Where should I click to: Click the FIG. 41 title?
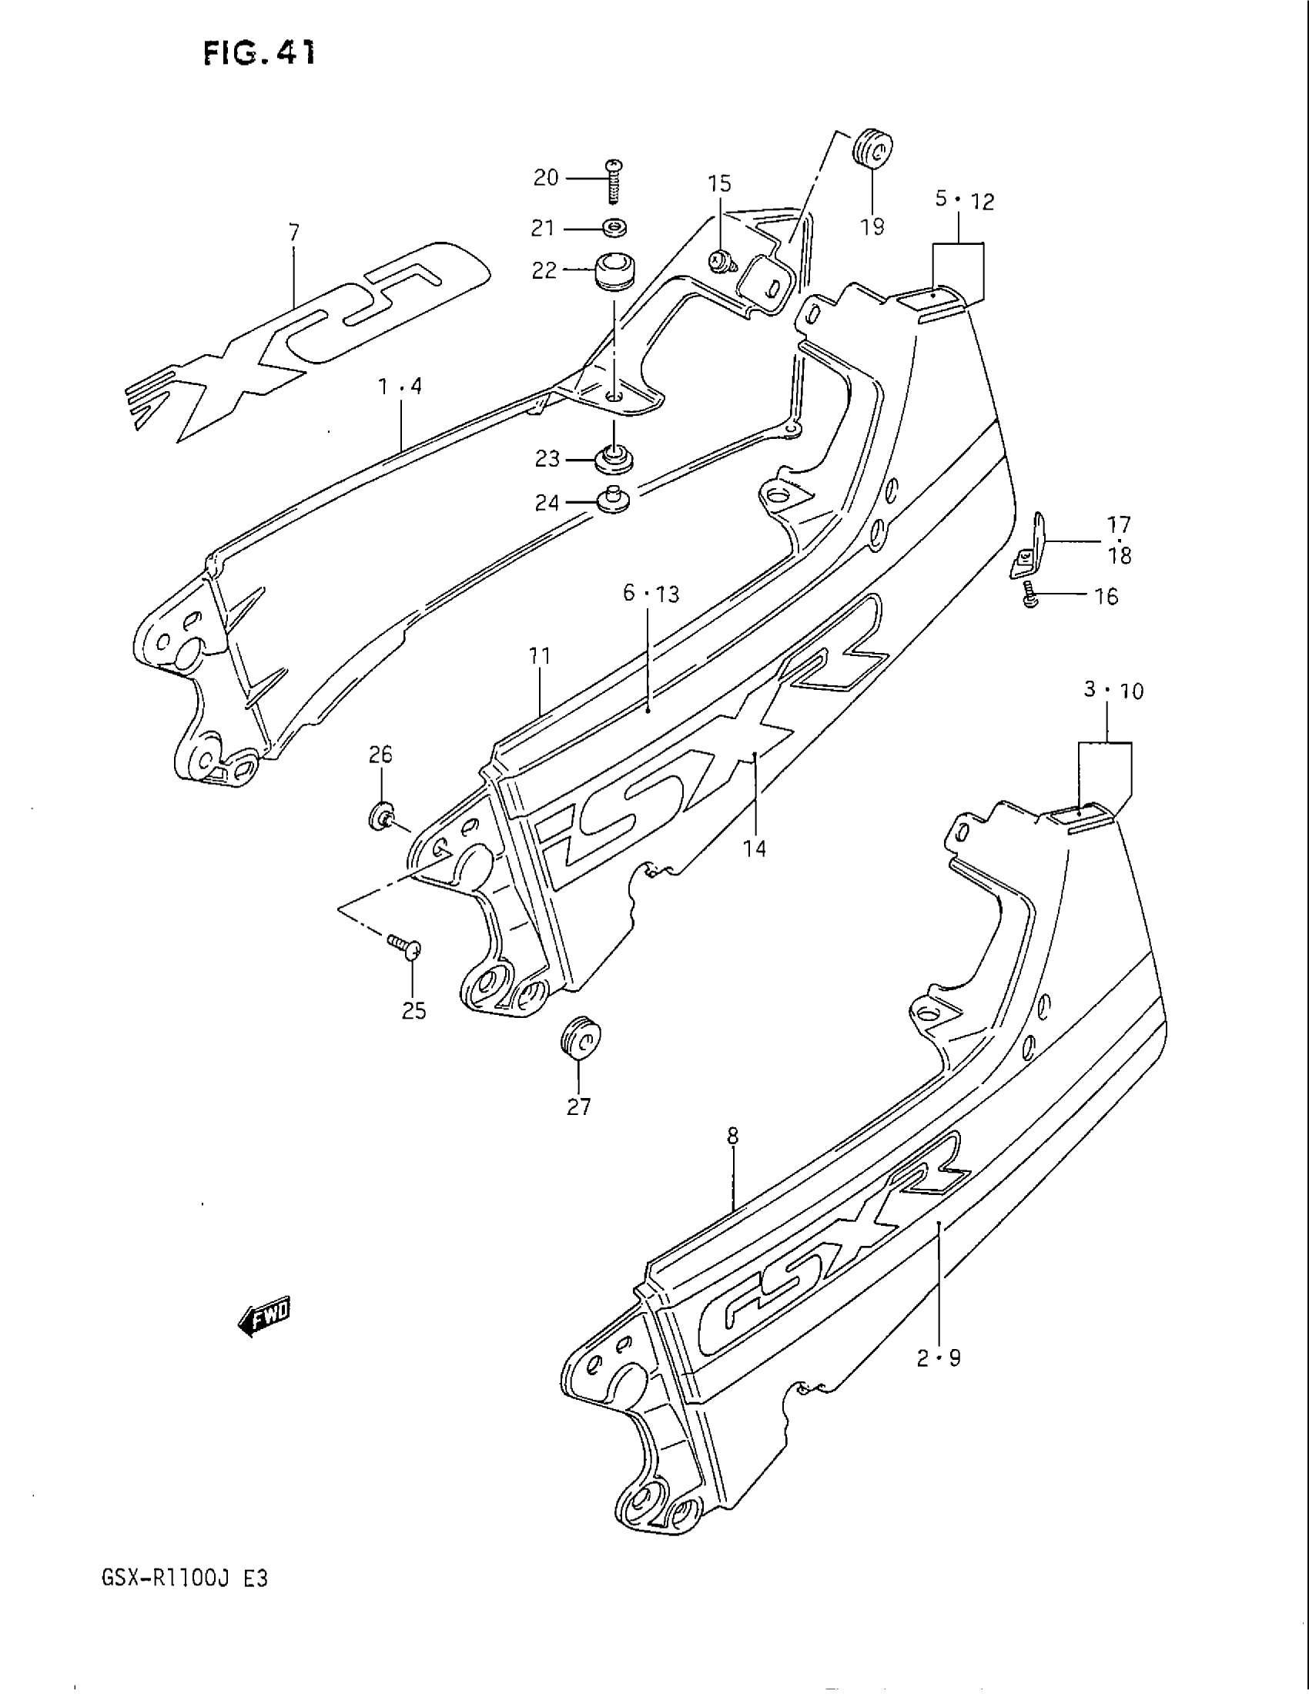tap(259, 54)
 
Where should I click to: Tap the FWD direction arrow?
tap(264, 1315)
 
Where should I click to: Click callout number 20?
tap(546, 179)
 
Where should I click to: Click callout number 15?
tap(719, 184)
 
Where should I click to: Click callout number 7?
tap(294, 232)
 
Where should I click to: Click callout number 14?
tap(755, 849)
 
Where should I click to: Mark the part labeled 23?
tap(614, 459)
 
